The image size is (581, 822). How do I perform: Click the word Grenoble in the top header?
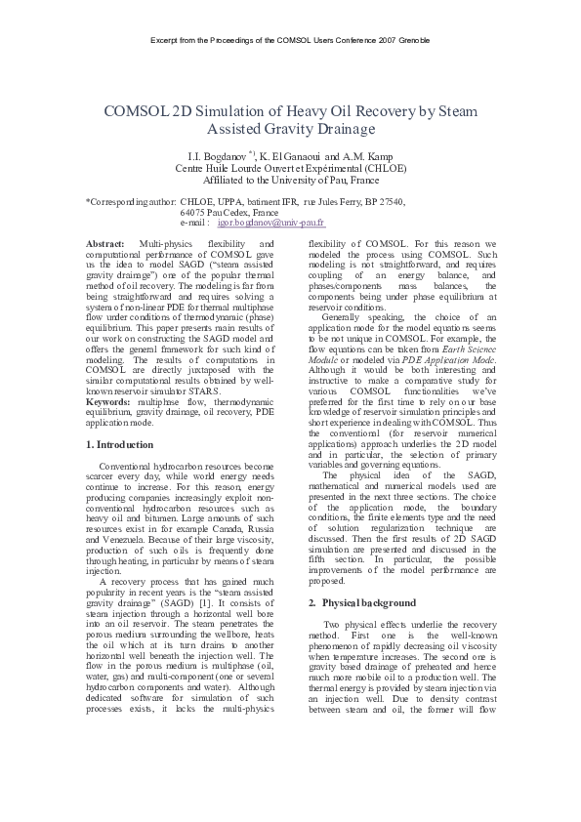pos(412,39)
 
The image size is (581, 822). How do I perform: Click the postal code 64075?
pos(194,212)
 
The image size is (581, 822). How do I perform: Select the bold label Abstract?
pos(105,242)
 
